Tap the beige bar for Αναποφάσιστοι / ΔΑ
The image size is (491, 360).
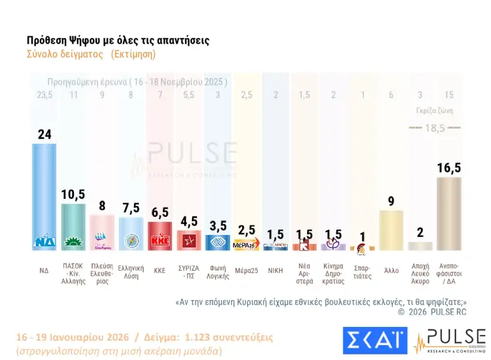(448, 213)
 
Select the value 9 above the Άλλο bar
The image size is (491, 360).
(390, 201)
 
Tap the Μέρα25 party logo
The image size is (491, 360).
(246, 244)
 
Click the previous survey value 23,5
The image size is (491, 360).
(44, 95)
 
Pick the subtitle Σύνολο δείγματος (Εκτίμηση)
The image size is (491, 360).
(91, 54)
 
